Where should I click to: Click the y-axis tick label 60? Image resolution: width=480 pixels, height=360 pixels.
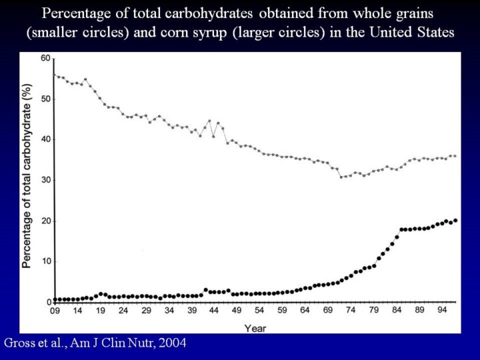point(45,59)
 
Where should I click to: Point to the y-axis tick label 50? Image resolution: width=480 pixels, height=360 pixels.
point(45,99)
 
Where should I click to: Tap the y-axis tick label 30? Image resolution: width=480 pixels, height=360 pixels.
point(45,180)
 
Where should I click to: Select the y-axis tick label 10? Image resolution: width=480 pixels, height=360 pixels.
point(45,261)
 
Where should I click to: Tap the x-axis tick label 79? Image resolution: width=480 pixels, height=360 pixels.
point(375,311)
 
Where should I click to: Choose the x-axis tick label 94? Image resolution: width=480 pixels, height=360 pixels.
point(443,311)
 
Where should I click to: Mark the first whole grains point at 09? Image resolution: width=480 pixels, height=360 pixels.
point(55,75)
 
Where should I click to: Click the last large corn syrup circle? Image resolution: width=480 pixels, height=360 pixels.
point(455,220)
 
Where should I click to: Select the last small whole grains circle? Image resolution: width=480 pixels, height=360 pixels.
point(455,156)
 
